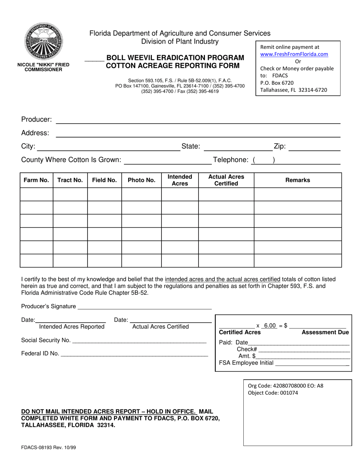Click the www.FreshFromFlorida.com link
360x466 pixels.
(x=294, y=54)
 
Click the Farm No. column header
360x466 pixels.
(x=36, y=180)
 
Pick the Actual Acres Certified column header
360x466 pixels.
(x=226, y=180)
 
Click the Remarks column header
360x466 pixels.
(x=297, y=180)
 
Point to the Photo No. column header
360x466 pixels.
(x=141, y=180)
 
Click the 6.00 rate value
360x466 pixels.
(x=270, y=326)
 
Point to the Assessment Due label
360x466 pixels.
(x=325, y=333)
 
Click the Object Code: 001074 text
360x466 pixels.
(x=273, y=393)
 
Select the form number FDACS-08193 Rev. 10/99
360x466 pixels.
(x=49, y=447)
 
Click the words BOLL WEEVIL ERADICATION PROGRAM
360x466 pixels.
(x=175, y=58)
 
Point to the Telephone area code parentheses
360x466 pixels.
(x=263, y=160)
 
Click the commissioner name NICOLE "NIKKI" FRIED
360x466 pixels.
(x=43, y=65)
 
